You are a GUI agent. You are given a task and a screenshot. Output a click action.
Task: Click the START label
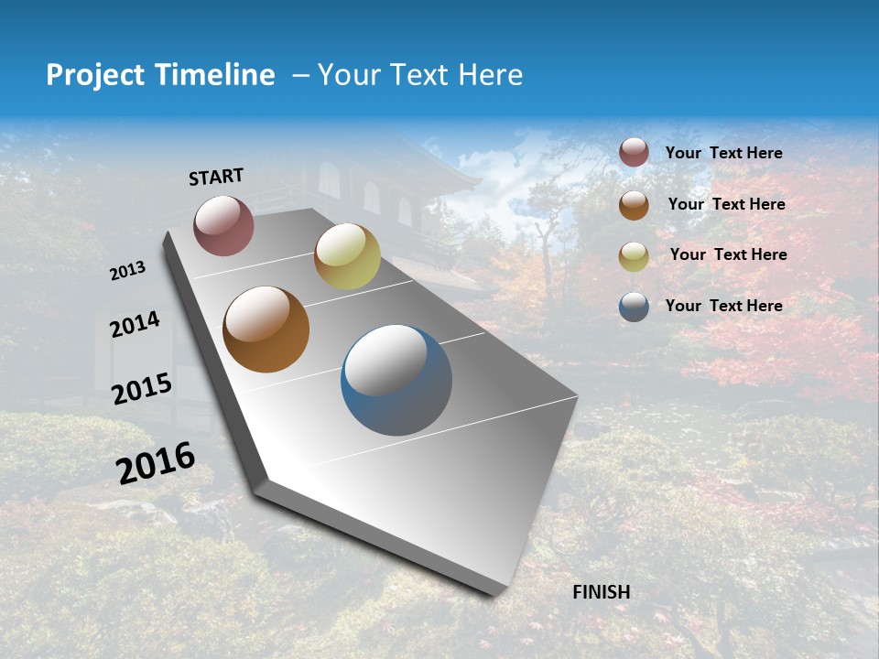(x=216, y=177)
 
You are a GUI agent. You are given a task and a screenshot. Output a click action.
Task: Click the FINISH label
(x=601, y=592)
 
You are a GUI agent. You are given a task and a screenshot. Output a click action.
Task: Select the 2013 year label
(x=127, y=271)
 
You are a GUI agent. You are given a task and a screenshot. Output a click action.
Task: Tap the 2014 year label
(x=135, y=324)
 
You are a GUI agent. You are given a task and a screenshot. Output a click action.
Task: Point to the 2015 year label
(x=141, y=388)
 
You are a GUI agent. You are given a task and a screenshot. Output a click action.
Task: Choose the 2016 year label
(x=156, y=463)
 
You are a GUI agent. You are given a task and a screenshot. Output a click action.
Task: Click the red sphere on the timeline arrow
(x=223, y=225)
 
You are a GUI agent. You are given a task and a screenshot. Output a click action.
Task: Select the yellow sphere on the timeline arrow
(x=347, y=256)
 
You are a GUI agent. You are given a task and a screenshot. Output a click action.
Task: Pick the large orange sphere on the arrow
(x=266, y=329)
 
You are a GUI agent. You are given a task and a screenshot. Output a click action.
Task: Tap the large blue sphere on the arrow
(x=396, y=380)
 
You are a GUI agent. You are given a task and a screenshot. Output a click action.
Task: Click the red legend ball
(x=634, y=153)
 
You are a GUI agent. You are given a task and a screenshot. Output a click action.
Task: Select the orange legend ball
(x=634, y=205)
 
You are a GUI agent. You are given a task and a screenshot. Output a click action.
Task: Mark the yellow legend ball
(x=634, y=256)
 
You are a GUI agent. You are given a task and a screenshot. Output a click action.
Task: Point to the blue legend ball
(x=634, y=307)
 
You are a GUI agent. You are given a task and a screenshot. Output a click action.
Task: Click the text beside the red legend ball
(x=723, y=154)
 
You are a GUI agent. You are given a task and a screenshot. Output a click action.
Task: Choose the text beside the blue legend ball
(x=723, y=306)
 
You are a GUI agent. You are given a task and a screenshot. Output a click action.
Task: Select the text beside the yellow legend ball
(x=728, y=254)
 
